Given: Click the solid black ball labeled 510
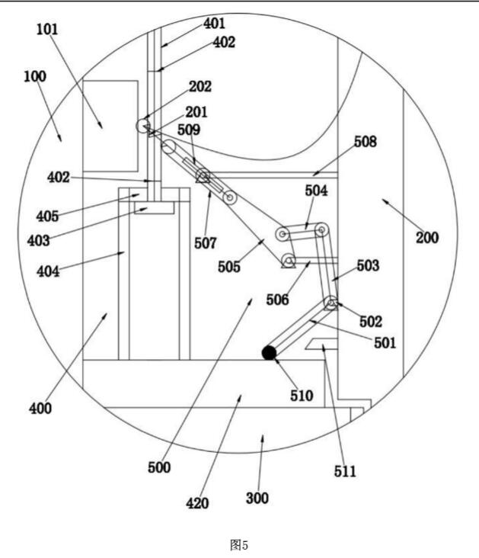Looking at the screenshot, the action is pyautogui.click(x=269, y=353).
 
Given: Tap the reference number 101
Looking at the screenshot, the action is pyautogui.click(x=47, y=29).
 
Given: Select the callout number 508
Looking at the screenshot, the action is pyautogui.click(x=366, y=142).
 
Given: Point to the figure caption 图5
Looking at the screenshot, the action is pyautogui.click(x=239, y=545).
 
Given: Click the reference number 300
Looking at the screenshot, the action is pyautogui.click(x=257, y=498).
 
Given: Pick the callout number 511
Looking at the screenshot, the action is pyautogui.click(x=345, y=472).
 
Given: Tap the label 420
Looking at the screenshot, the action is pyautogui.click(x=197, y=503).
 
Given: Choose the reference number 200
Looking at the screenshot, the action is pyautogui.click(x=427, y=237).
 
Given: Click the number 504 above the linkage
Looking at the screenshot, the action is pyautogui.click(x=316, y=191).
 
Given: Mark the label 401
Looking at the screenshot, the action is pyautogui.click(x=215, y=24).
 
